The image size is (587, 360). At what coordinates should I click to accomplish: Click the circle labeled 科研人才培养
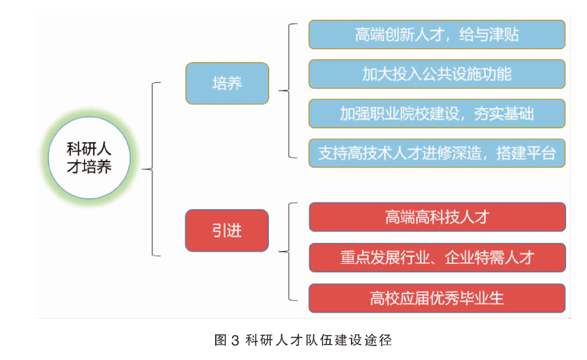[x=89, y=157]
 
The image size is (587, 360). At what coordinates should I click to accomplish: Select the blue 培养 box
[x=227, y=83]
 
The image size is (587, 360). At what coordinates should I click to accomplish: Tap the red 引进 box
[x=227, y=230]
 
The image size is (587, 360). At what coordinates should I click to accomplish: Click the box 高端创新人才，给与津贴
[x=437, y=34]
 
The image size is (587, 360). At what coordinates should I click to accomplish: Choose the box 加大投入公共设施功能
[x=437, y=74]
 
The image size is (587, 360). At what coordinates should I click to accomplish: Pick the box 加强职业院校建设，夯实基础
[x=437, y=114]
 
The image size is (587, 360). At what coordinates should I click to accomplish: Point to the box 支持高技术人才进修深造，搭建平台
[x=437, y=153]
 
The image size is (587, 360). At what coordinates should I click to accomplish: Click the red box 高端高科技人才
[x=437, y=217]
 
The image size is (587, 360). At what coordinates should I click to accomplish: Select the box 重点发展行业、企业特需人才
[x=437, y=258]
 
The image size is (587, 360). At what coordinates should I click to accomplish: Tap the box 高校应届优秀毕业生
[x=437, y=298]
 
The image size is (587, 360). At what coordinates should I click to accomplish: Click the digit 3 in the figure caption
[x=235, y=341]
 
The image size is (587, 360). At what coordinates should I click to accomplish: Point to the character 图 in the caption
[x=221, y=341]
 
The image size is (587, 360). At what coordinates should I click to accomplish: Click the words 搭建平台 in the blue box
[x=526, y=153]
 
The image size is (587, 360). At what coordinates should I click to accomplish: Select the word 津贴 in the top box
[x=504, y=35]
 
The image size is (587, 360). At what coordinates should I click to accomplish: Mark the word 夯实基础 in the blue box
[x=504, y=114]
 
